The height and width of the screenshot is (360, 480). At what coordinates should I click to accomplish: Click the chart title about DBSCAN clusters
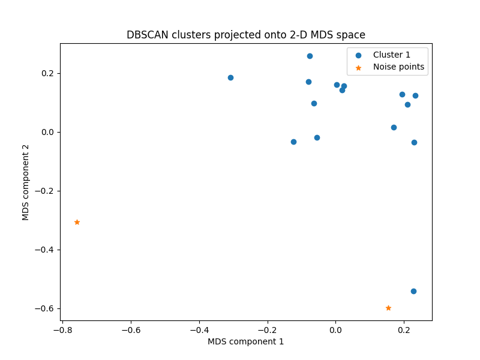coord(245,35)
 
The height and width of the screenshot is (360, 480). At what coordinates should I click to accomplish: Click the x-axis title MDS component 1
coord(245,341)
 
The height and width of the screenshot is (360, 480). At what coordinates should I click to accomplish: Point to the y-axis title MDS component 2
coord(26,182)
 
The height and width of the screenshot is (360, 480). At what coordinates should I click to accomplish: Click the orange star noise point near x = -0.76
coord(77,222)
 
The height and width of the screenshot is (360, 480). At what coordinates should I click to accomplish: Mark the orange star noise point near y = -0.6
coord(388,308)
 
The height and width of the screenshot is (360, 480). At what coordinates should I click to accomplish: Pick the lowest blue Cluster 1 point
coord(413,291)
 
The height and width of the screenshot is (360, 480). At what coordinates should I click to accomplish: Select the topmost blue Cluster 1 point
coord(310,56)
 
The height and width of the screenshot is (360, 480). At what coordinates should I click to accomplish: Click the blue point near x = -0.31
coord(230,77)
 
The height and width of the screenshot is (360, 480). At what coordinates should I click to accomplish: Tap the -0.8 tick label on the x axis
coord(62,329)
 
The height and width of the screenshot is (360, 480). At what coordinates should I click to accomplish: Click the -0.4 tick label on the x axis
coord(199,329)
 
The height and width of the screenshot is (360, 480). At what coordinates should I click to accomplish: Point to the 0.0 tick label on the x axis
coord(335,329)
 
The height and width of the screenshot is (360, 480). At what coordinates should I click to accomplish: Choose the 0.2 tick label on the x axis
coord(404,329)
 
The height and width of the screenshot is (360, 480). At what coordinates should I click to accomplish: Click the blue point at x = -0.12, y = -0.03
coord(293,142)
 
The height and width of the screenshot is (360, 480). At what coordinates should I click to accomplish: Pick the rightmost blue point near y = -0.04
coord(414,142)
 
